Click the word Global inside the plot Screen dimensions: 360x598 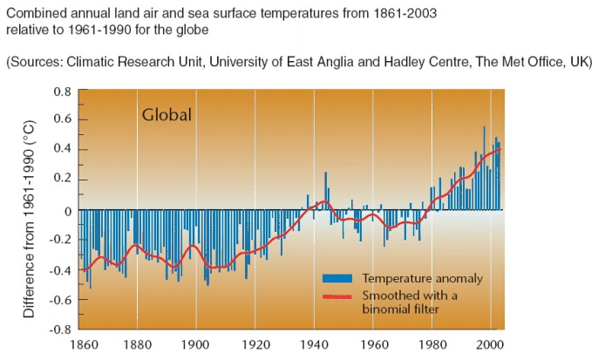coord(166,115)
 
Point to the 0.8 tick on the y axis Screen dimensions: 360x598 coord(62,92)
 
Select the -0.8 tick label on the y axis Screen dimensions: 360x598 coord(60,330)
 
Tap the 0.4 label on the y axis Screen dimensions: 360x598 coord(62,150)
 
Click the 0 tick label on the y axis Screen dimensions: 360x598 coord(68,210)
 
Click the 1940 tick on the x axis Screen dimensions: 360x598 coord(313,344)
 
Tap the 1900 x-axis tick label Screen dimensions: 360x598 coord(195,344)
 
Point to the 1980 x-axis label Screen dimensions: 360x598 coord(431,344)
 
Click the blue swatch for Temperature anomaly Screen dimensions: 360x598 coord(337,278)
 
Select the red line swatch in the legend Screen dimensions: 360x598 coord(337,296)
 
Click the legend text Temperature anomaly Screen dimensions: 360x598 coord(422,278)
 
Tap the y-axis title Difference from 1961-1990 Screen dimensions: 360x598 coord(29,221)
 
